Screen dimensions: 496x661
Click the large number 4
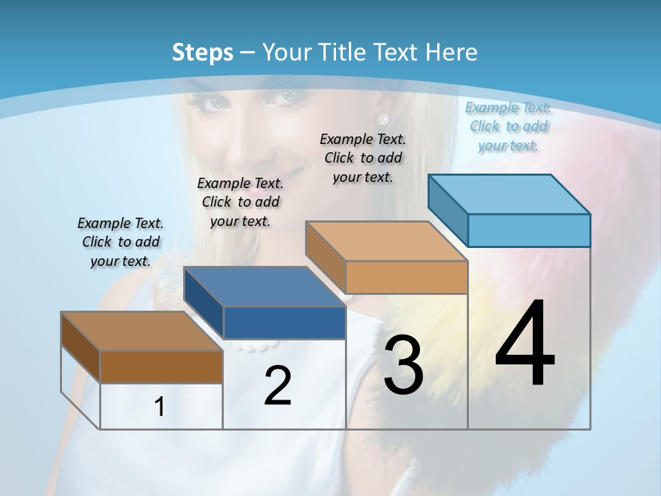coord(525,344)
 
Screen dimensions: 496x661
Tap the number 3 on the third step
coord(403,365)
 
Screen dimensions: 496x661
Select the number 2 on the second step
coord(277,386)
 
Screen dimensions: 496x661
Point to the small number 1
coord(160,407)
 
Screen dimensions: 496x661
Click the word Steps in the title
coord(202,52)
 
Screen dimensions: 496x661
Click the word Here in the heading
coord(452,52)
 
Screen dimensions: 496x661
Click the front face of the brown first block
coord(161,367)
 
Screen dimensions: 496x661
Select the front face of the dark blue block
coord(284,323)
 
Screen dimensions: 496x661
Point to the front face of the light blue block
coord(529,230)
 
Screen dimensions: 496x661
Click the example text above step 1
coord(120,242)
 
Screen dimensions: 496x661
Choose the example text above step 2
coord(240,202)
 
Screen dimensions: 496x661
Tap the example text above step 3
coord(363,158)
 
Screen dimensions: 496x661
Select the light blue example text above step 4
coord(508,126)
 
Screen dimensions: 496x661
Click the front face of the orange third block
coord(406,277)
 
